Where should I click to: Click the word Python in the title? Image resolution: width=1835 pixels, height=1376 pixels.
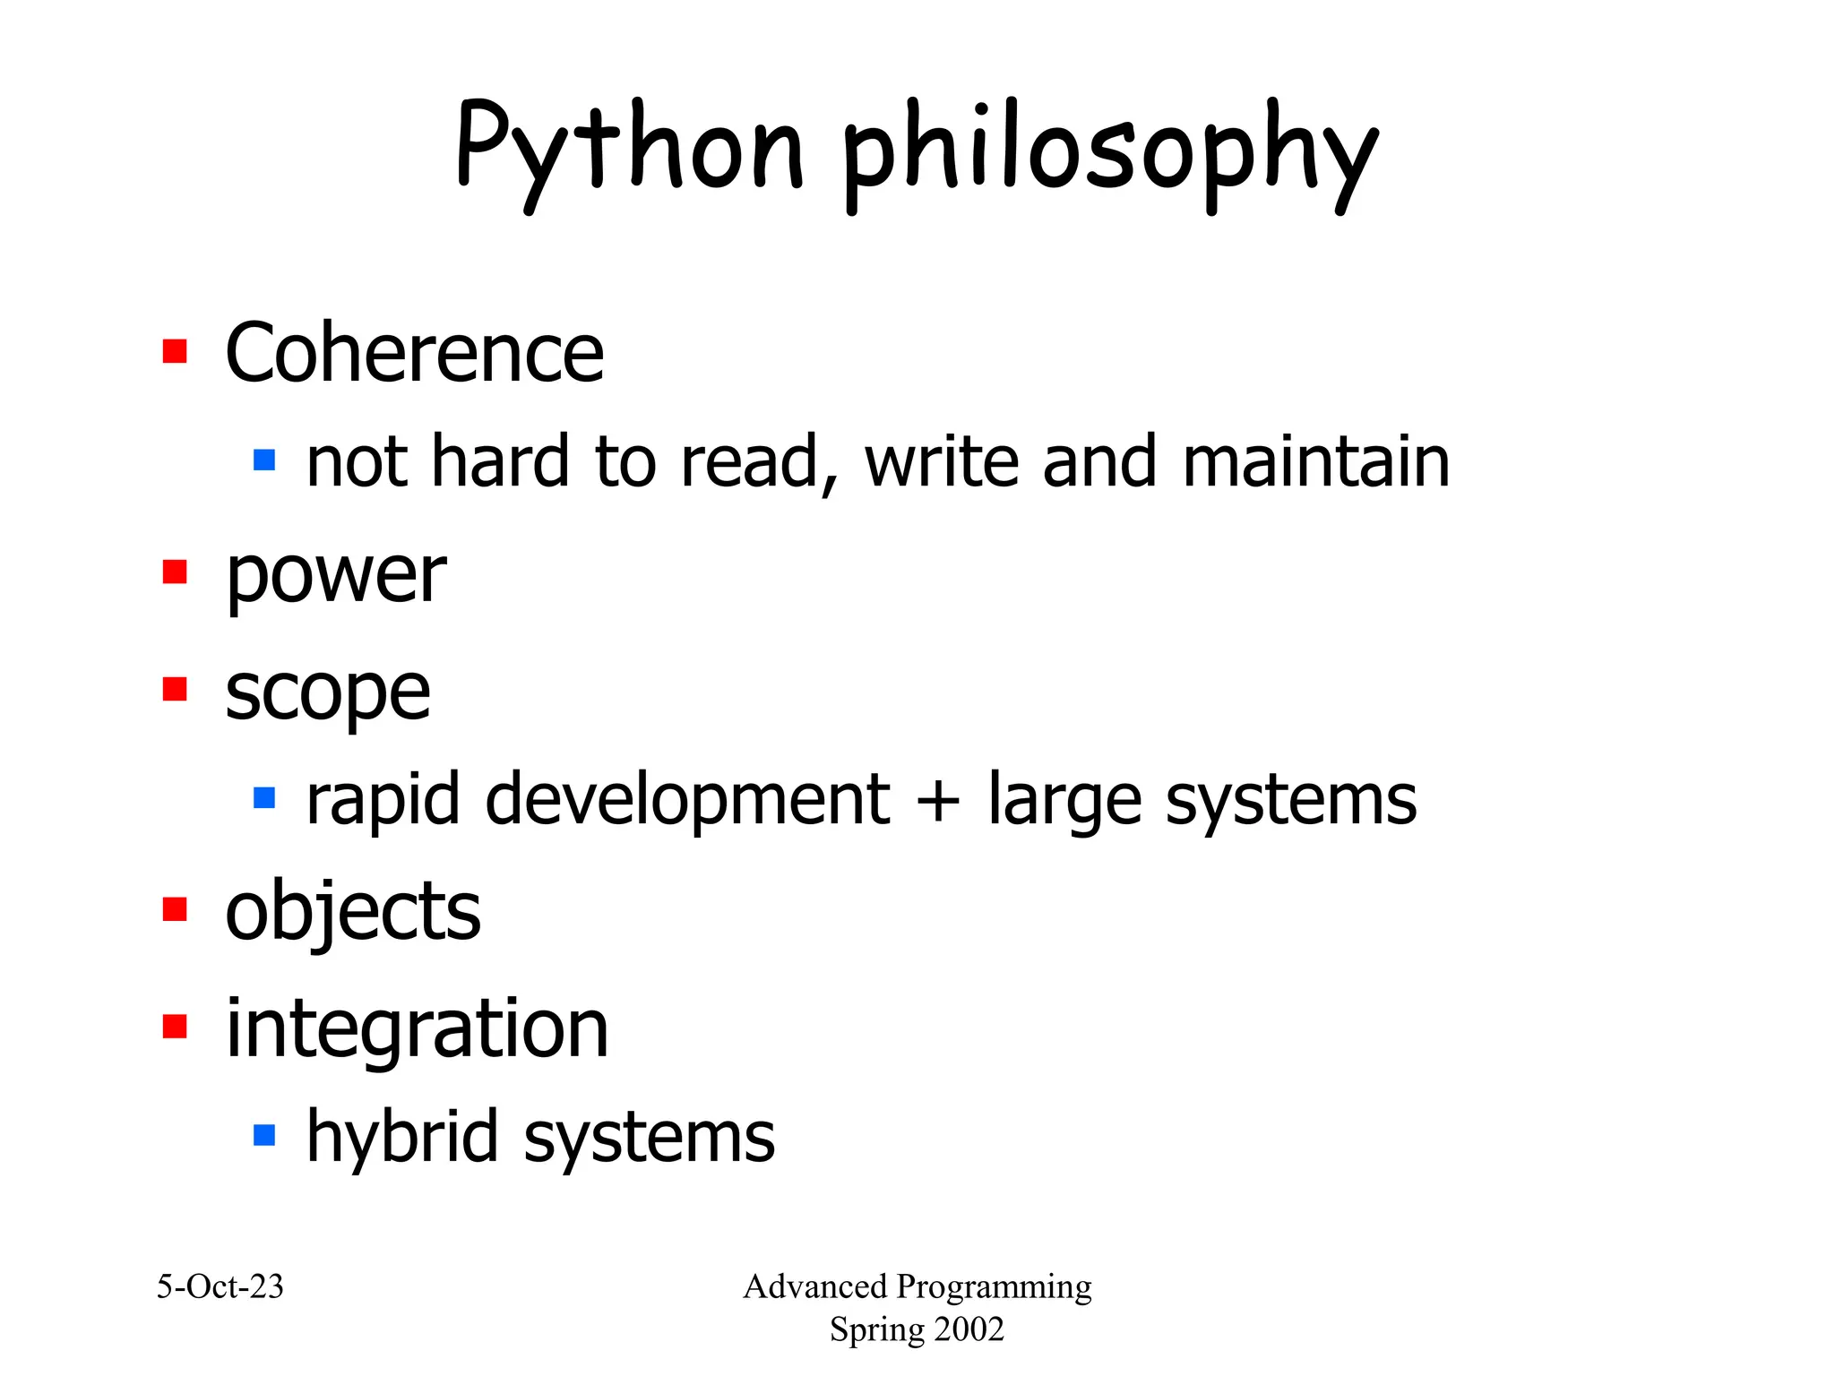[x=630, y=148]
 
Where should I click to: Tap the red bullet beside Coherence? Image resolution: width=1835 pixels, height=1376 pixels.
[x=175, y=351]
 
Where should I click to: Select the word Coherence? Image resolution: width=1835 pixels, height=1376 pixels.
[x=414, y=353]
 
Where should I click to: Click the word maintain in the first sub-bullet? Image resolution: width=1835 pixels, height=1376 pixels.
[x=1315, y=462]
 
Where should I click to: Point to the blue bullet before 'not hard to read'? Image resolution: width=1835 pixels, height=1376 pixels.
[x=264, y=460]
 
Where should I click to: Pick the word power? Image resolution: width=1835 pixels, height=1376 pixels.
[x=335, y=576]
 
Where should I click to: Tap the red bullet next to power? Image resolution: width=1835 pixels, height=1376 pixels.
[x=175, y=572]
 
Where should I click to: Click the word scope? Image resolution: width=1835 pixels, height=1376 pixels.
[x=327, y=693]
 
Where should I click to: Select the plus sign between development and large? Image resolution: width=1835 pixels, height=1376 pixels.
[x=938, y=799]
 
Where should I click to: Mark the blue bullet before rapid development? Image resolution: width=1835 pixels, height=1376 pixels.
[x=264, y=797]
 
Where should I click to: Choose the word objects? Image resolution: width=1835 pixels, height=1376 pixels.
[x=353, y=912]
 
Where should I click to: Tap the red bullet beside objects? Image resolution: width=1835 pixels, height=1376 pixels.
[x=175, y=908]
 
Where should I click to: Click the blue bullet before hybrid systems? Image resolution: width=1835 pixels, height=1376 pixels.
[x=264, y=1135]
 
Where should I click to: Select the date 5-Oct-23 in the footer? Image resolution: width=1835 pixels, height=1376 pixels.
[x=220, y=1286]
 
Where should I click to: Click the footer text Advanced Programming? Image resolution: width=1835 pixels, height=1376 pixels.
[x=917, y=1286]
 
